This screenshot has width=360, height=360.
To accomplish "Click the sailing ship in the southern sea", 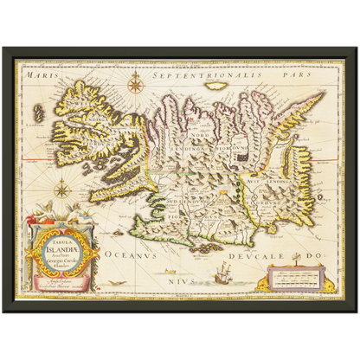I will coord(217,277).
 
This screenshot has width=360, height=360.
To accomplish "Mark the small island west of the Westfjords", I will coord(38,111).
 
